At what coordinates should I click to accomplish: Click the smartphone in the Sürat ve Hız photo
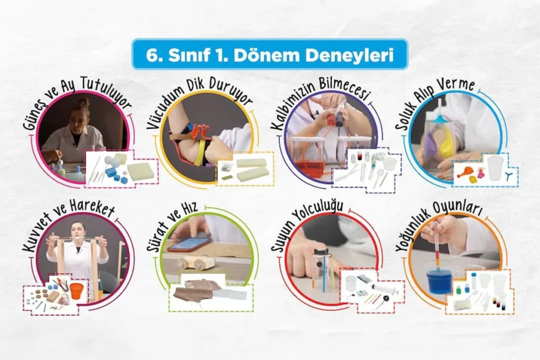click(190, 244)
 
